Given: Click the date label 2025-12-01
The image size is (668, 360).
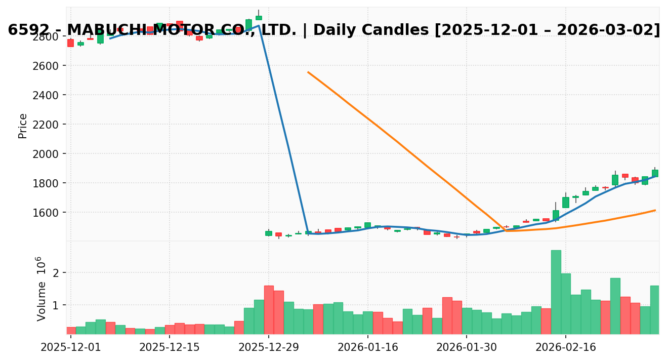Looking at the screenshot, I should pyautogui.click(x=71, y=347).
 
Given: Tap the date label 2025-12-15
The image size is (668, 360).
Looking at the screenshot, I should pyautogui.click(x=170, y=347).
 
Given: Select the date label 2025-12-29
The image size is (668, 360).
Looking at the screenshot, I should pyautogui.click(x=269, y=347).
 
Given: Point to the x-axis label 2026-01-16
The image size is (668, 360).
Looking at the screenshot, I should pyautogui.click(x=367, y=347).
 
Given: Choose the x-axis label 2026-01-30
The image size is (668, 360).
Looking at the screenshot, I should pyautogui.click(x=467, y=347).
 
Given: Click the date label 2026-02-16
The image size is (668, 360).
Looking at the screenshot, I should pyautogui.click(x=566, y=347).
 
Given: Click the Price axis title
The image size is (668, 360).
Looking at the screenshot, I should pyautogui.click(x=23, y=126).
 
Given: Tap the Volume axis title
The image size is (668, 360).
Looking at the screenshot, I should pyautogui.click(x=41, y=289).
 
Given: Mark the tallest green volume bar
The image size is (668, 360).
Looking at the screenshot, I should pyautogui.click(x=556, y=292).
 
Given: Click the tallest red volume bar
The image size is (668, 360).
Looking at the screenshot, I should pyautogui.click(x=269, y=309).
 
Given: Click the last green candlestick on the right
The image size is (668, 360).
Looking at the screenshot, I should pyautogui.click(x=655, y=173).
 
